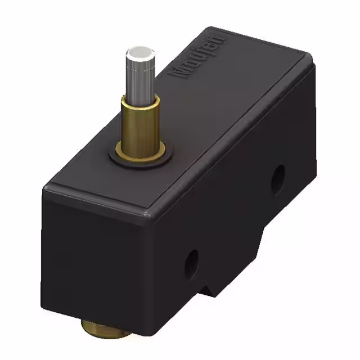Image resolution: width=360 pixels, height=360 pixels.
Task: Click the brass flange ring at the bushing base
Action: tap(141, 152)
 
